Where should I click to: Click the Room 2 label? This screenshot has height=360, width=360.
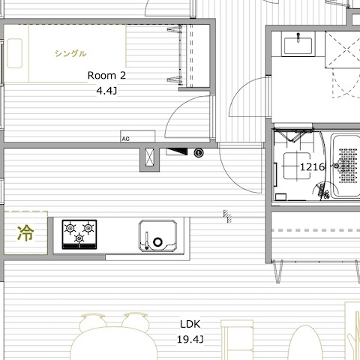[x=106, y=75]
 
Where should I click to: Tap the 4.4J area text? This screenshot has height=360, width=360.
[x=106, y=91]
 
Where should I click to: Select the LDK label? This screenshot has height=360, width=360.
[x=190, y=324]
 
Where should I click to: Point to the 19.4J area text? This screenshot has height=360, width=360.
[x=190, y=340]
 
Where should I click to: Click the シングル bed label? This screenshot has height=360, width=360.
[x=70, y=53]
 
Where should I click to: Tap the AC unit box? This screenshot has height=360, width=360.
[x=138, y=136]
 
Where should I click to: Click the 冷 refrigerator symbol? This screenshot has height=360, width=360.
[x=25, y=233]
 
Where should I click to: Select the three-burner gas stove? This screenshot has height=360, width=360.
[x=79, y=235]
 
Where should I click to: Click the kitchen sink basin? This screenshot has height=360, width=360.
[x=157, y=235]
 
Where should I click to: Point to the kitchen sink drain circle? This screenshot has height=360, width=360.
[x=157, y=242]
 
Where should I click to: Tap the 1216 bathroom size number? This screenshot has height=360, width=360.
[x=313, y=167]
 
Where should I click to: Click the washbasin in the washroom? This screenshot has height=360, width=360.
[x=298, y=45]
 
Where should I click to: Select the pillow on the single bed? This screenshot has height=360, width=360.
[x=14, y=53]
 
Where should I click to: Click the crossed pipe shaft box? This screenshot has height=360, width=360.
[x=149, y=157]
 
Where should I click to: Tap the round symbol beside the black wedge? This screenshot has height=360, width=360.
[x=199, y=152]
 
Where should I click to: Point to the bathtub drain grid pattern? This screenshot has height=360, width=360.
[x=348, y=166]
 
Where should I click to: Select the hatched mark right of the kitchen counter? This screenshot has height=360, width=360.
[x=227, y=216]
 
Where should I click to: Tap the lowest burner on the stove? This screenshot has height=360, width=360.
[x=79, y=238]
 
